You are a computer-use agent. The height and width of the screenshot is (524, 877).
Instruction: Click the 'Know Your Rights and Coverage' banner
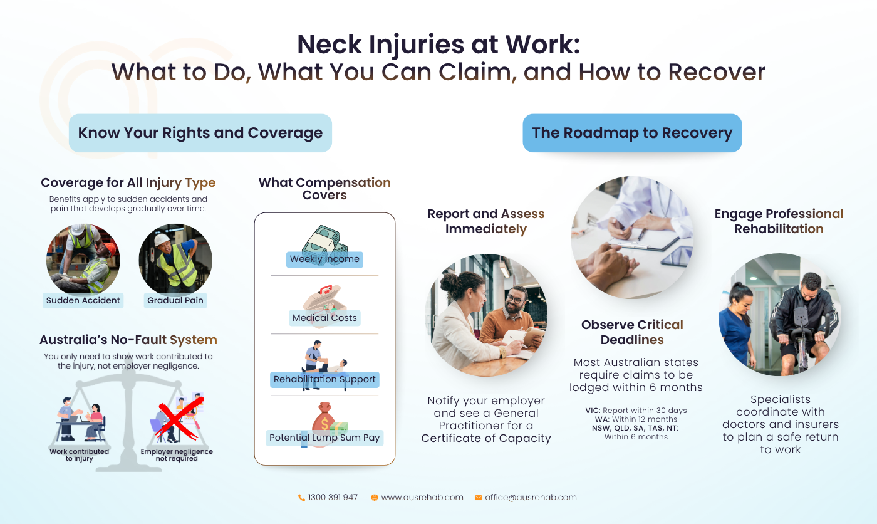click(x=200, y=133)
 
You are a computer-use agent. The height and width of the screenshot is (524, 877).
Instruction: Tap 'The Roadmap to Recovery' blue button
click(x=632, y=133)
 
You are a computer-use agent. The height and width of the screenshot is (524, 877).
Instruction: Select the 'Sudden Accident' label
click(x=83, y=300)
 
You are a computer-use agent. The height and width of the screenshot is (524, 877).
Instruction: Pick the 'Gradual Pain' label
click(x=175, y=300)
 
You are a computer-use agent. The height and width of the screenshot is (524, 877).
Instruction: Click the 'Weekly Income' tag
click(x=324, y=259)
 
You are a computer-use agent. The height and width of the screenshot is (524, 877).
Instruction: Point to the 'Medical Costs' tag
click(x=324, y=318)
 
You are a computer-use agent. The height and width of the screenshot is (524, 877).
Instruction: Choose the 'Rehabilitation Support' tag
click(x=324, y=379)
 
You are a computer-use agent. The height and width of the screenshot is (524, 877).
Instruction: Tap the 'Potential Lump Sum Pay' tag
click(x=324, y=438)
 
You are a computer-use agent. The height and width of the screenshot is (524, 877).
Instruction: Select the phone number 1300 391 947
click(x=333, y=498)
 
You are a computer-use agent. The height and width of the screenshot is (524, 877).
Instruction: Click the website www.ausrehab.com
click(x=422, y=498)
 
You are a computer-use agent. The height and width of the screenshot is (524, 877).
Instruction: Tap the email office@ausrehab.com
click(x=531, y=498)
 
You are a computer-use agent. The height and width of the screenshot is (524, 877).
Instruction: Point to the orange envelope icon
click(x=478, y=498)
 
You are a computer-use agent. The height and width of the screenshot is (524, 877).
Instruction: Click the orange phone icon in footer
click(x=301, y=498)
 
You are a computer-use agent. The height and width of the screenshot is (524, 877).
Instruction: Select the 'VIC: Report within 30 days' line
click(x=636, y=411)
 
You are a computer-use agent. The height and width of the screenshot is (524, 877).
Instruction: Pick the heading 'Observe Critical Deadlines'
click(x=632, y=332)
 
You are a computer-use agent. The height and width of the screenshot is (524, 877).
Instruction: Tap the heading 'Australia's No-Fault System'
click(x=128, y=340)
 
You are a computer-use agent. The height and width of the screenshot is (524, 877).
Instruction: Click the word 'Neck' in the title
click(x=330, y=45)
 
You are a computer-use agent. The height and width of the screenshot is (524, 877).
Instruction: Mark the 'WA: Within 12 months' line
click(x=636, y=419)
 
